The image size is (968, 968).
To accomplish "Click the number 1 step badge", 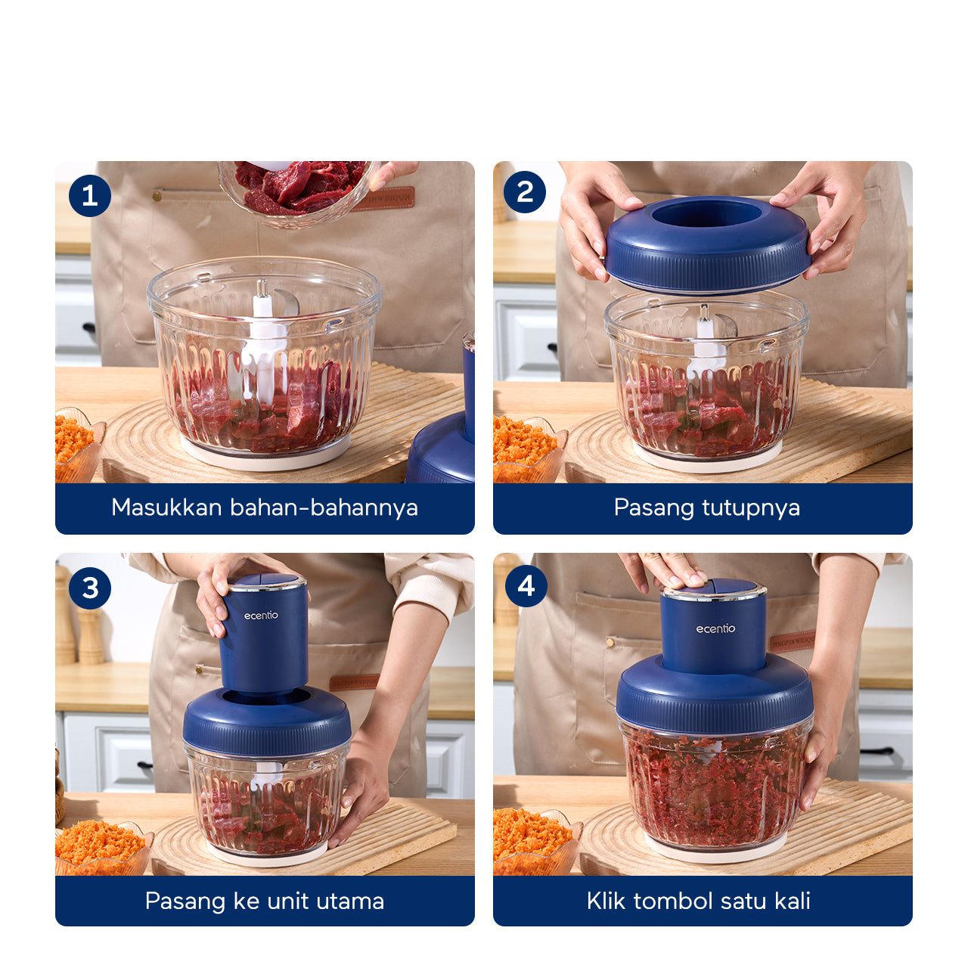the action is click(x=90, y=195).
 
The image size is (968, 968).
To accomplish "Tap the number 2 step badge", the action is click(x=525, y=192).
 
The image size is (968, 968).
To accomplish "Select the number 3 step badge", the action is click(x=90, y=588).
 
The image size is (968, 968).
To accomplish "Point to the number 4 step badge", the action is click(x=526, y=585).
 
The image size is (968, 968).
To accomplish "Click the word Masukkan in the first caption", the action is click(x=167, y=507).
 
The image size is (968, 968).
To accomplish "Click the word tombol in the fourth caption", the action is click(x=672, y=901).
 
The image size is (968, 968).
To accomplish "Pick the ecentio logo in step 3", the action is click(x=261, y=616).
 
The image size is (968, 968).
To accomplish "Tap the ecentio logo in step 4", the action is click(x=715, y=629).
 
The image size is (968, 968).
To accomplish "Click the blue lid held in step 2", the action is click(x=708, y=244).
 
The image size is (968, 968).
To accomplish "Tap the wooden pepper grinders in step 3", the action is click(x=79, y=617).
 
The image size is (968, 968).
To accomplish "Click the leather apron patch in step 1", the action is click(x=383, y=199).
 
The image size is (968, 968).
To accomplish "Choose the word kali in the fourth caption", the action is click(x=793, y=901).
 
